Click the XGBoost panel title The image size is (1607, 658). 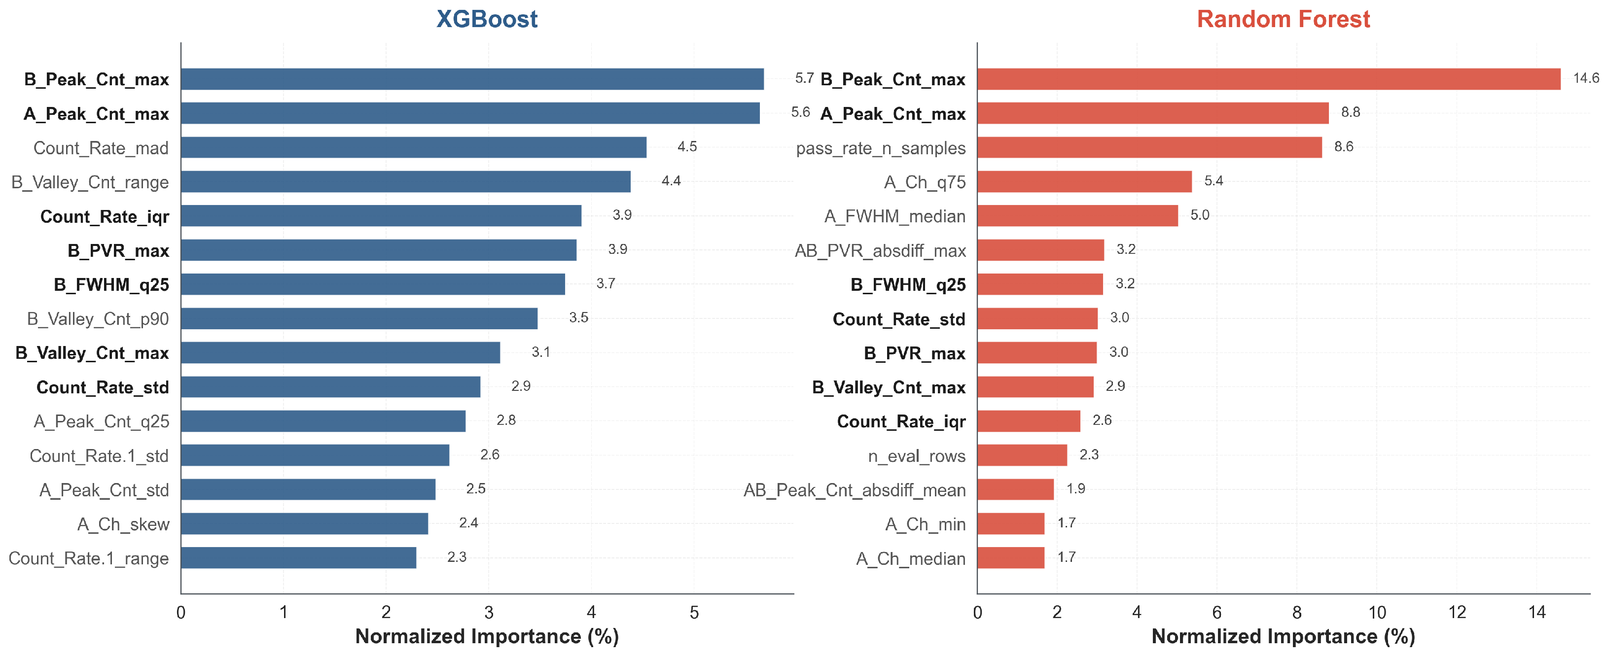click(487, 19)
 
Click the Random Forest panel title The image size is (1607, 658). click(1283, 19)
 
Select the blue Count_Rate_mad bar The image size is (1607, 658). click(414, 148)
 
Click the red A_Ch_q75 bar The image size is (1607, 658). click(1084, 182)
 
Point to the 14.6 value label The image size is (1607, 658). click(1586, 78)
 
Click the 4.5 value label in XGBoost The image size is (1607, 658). click(687, 146)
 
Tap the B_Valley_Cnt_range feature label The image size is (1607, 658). click(90, 182)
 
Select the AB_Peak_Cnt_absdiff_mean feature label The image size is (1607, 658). click(855, 490)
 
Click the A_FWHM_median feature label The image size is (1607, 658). click(894, 216)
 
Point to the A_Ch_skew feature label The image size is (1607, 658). click(123, 524)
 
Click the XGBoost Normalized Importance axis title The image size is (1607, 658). click(487, 637)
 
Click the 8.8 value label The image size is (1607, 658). click(1351, 112)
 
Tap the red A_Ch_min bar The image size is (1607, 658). click(1011, 524)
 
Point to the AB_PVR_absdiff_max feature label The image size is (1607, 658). click(880, 251)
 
